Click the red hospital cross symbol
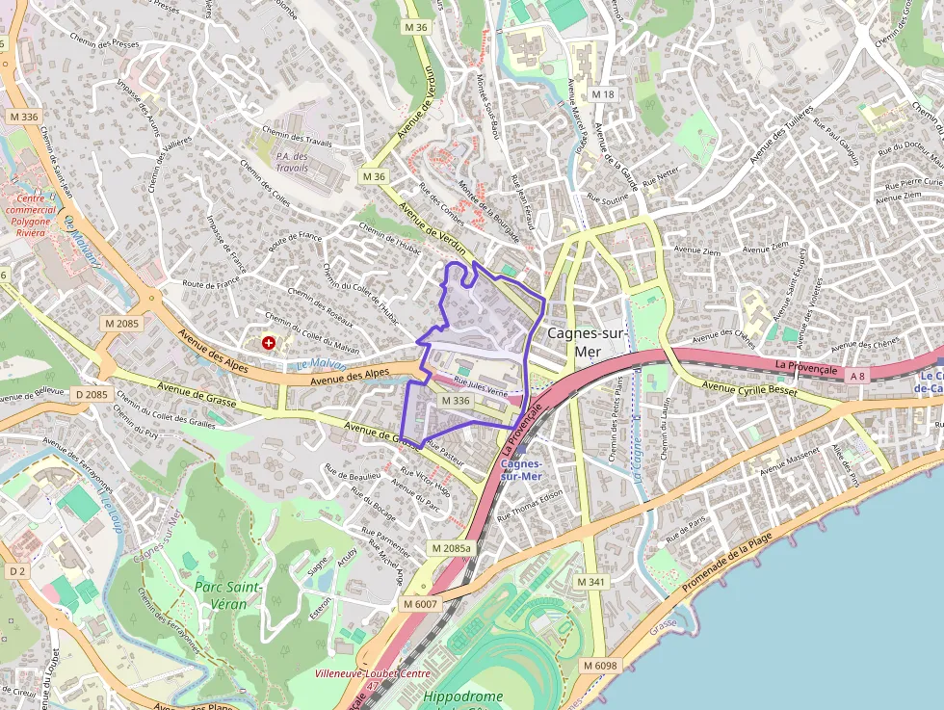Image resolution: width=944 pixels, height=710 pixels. [x=268, y=342]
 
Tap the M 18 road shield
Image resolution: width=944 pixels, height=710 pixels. [x=603, y=93]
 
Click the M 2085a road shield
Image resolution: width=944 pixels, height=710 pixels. [x=452, y=548]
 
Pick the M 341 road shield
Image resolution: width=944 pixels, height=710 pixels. [x=590, y=582]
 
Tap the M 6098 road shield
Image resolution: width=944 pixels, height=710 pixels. [x=599, y=666]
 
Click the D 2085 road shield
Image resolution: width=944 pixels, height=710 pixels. [x=92, y=394]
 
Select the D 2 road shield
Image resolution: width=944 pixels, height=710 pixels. [x=17, y=571]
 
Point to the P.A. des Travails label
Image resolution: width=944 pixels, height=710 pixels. [x=292, y=162]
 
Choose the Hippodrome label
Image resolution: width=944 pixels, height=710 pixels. [x=463, y=697]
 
